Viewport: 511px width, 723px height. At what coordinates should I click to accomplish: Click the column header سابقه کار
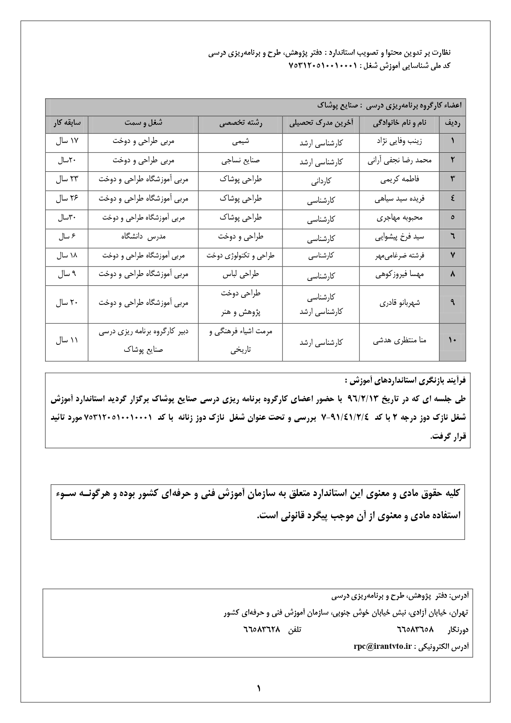67,123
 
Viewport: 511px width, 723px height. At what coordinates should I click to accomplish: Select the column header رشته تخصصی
240,123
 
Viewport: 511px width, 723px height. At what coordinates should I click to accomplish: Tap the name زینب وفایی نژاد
399,141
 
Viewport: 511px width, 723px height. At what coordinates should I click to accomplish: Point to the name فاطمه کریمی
399,180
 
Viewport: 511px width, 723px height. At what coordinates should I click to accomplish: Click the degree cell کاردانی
321,180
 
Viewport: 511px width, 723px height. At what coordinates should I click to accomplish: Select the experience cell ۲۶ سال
67,199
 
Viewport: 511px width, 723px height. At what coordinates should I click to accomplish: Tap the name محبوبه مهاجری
399,218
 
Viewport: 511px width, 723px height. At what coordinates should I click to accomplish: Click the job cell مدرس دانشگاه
143,236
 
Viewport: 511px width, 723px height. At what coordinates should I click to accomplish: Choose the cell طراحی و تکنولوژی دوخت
240,255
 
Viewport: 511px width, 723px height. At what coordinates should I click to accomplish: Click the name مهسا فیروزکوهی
399,274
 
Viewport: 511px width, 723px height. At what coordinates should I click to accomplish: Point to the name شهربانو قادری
399,303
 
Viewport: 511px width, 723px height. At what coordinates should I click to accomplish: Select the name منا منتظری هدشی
399,341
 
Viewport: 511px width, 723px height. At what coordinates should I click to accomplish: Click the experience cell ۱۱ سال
67,341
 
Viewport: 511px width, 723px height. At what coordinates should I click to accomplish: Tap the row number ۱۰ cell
452,341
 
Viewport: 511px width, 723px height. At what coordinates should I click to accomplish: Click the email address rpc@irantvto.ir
383,646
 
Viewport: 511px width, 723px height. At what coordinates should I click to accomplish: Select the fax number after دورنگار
415,630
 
